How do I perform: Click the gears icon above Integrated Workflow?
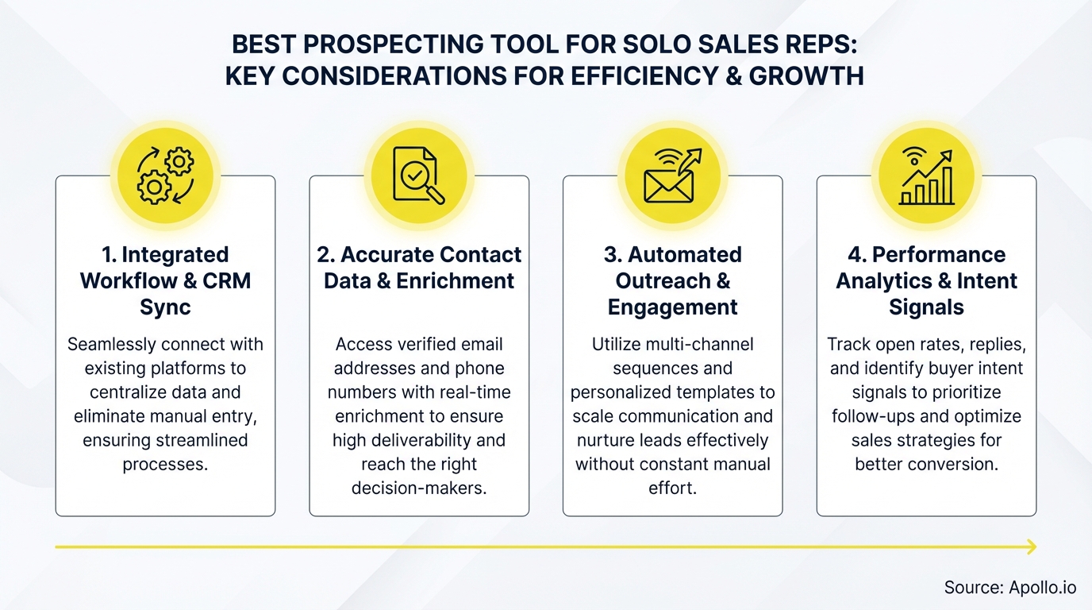point(165,176)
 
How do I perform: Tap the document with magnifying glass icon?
point(419,176)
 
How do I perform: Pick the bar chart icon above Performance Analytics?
point(926,176)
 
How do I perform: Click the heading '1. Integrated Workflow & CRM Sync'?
point(165,281)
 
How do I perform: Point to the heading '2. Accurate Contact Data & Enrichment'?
point(419,268)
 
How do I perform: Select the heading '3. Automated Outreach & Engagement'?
point(673,281)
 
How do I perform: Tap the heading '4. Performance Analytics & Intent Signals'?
point(926,281)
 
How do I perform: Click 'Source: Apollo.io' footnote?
point(1009,588)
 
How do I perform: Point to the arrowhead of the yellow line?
point(1031,546)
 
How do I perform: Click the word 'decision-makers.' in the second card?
point(419,488)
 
